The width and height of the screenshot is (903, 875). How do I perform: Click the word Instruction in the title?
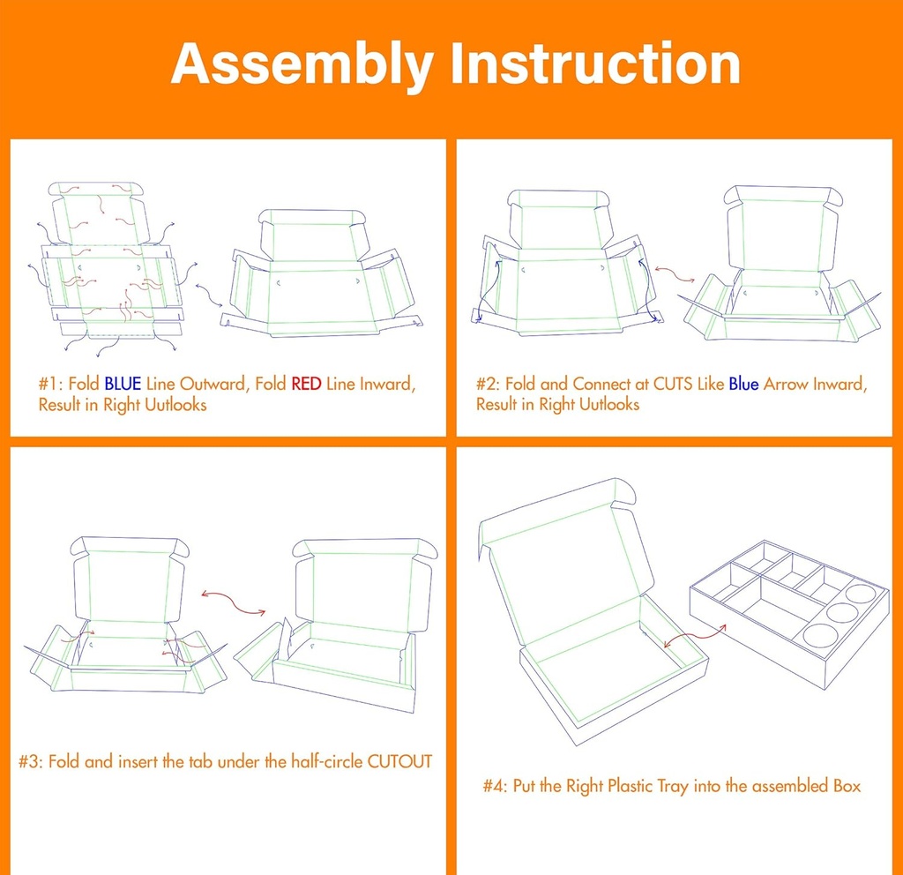(x=595, y=64)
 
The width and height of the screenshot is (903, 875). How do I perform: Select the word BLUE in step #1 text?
(x=123, y=385)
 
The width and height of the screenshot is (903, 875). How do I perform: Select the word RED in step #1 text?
(x=306, y=385)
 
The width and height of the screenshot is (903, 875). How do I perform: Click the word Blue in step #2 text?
(x=743, y=385)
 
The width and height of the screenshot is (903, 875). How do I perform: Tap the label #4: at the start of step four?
(x=496, y=785)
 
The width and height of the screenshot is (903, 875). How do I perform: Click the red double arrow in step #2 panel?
(x=672, y=273)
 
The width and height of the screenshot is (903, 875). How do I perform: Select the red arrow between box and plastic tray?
(x=693, y=635)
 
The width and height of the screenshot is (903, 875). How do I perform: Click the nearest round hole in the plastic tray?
(x=819, y=637)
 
